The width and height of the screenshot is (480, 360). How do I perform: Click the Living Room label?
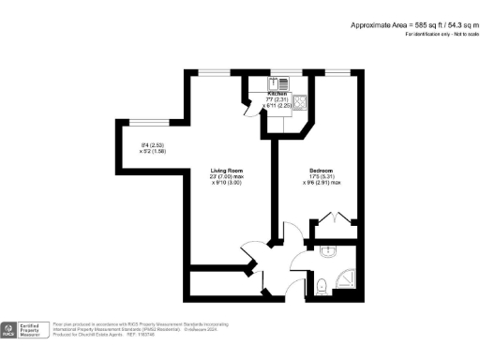(x=226, y=170)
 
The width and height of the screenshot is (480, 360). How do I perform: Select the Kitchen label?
(x=277, y=95)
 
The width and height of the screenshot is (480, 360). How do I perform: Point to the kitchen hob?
(x=302, y=102)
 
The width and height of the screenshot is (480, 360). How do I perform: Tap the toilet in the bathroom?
(x=322, y=286)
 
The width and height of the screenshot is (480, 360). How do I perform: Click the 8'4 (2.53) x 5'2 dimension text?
(x=153, y=148)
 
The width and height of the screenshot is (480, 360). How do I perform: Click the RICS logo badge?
(x=9, y=329)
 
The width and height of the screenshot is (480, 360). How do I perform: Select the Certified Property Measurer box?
(x=34, y=329)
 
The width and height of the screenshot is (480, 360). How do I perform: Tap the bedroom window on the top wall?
(x=339, y=72)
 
